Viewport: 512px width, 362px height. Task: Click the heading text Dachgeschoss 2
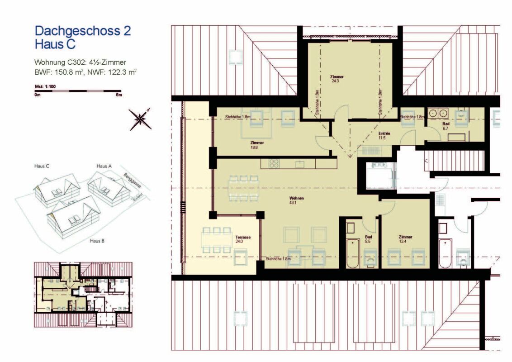[83, 31]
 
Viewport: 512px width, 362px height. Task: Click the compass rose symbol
[141, 119]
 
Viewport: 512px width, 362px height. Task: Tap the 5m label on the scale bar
[119, 95]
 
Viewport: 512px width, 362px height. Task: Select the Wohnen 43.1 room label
[297, 201]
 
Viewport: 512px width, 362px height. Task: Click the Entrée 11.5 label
[384, 136]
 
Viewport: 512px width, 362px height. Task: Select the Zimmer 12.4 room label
[405, 239]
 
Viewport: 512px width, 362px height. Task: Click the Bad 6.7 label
[446, 125]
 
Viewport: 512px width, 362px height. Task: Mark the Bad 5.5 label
[369, 239]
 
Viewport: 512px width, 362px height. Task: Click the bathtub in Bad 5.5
[352, 252]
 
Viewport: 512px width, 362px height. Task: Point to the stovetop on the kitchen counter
[274, 163]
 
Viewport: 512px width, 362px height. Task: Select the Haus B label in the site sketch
[97, 241]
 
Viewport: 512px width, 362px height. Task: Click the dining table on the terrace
[215, 240]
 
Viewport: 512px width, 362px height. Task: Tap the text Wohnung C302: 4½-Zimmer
[80, 62]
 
